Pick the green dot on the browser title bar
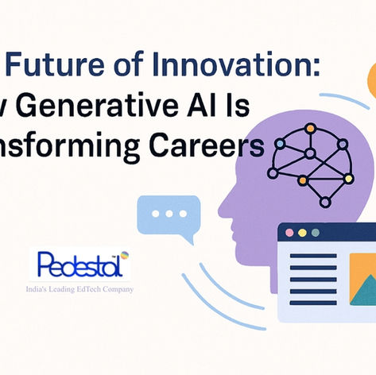tap(315, 232)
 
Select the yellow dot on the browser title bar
tap(302, 232)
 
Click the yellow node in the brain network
tap(347, 178)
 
